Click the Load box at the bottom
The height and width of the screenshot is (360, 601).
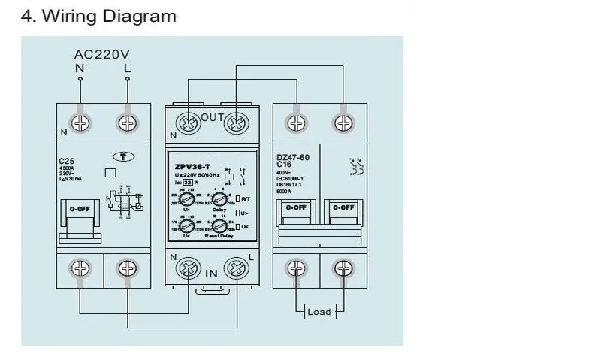(x=319, y=312)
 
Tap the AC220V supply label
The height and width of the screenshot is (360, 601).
(x=102, y=54)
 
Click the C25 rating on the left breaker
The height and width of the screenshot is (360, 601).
(x=65, y=161)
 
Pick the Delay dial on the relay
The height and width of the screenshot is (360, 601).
(x=219, y=198)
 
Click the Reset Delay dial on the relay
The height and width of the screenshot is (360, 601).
(x=219, y=224)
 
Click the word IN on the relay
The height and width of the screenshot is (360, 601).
(x=211, y=274)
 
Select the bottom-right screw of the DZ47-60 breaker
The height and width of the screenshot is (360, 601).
(x=344, y=268)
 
